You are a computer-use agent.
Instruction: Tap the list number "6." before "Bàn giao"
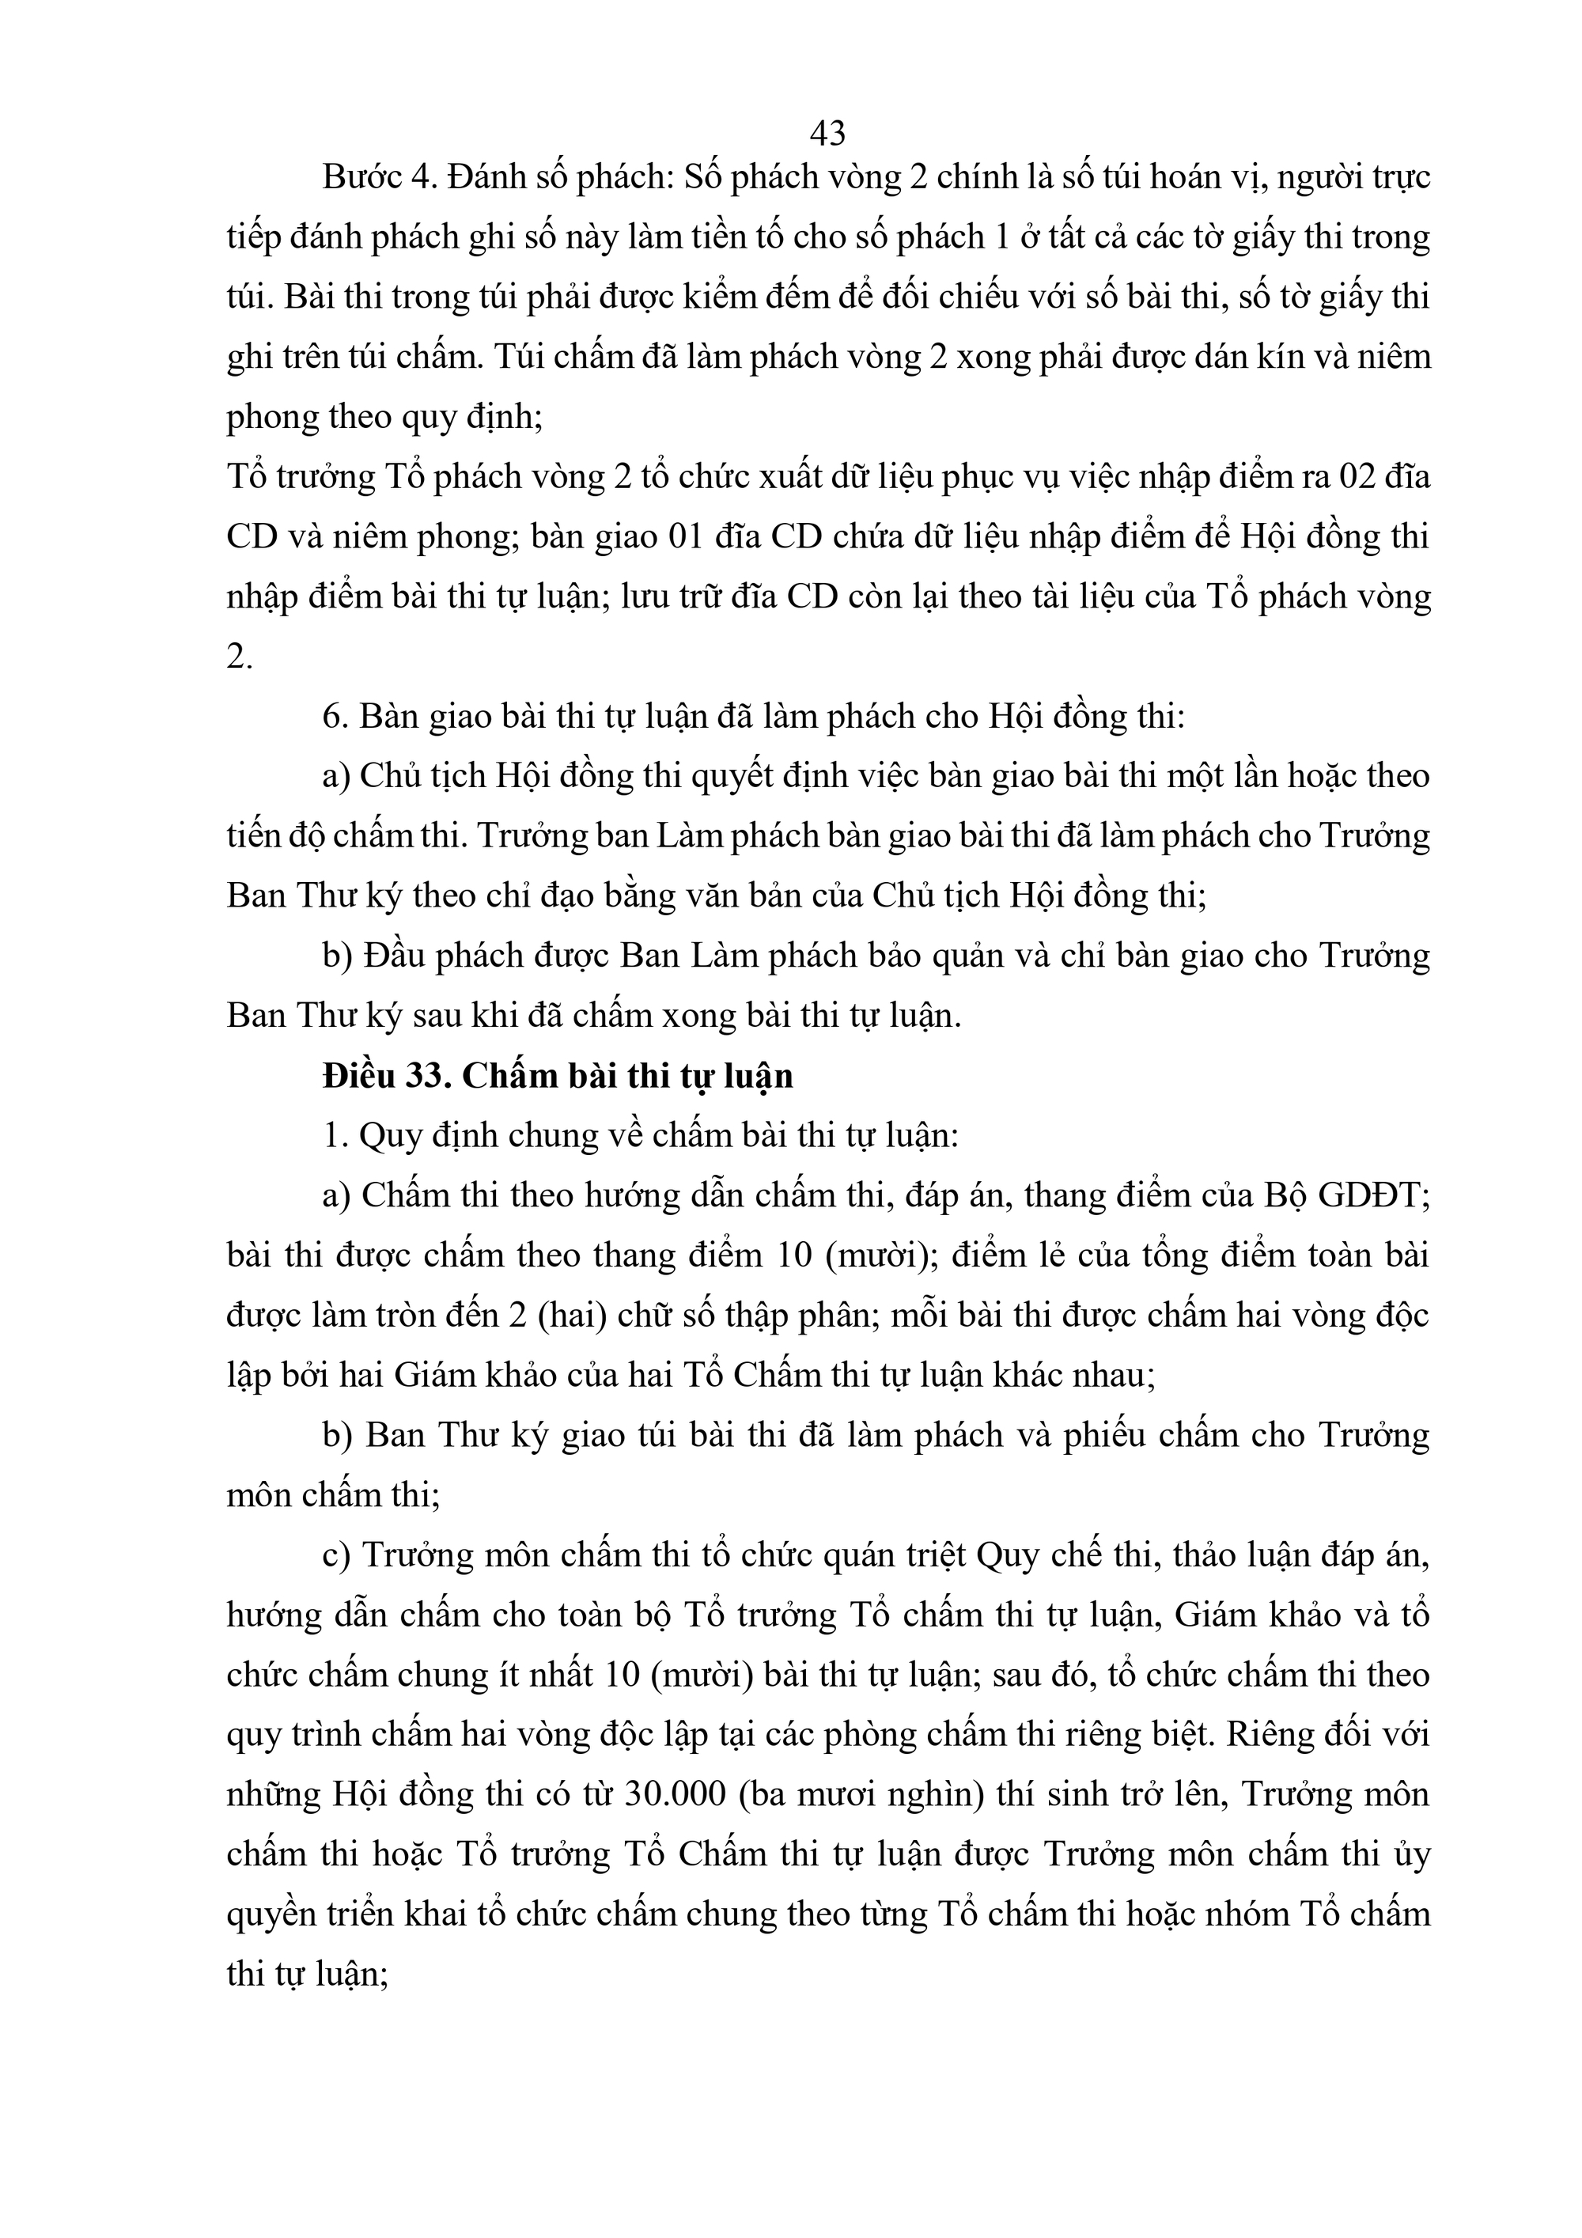tap(335, 717)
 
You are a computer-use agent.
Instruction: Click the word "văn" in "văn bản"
tap(668, 896)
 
